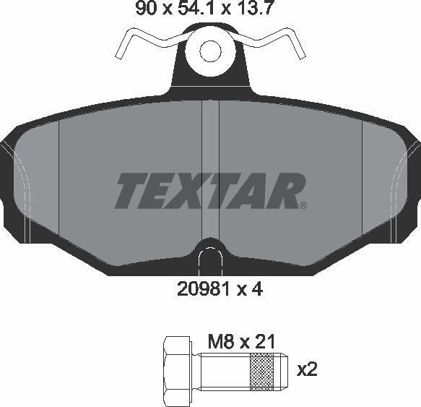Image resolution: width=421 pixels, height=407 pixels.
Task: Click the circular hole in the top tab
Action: tap(210, 51)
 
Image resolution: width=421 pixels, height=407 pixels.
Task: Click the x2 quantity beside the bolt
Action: tap(308, 369)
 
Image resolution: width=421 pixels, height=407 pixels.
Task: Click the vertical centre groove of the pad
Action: tap(209, 166)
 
